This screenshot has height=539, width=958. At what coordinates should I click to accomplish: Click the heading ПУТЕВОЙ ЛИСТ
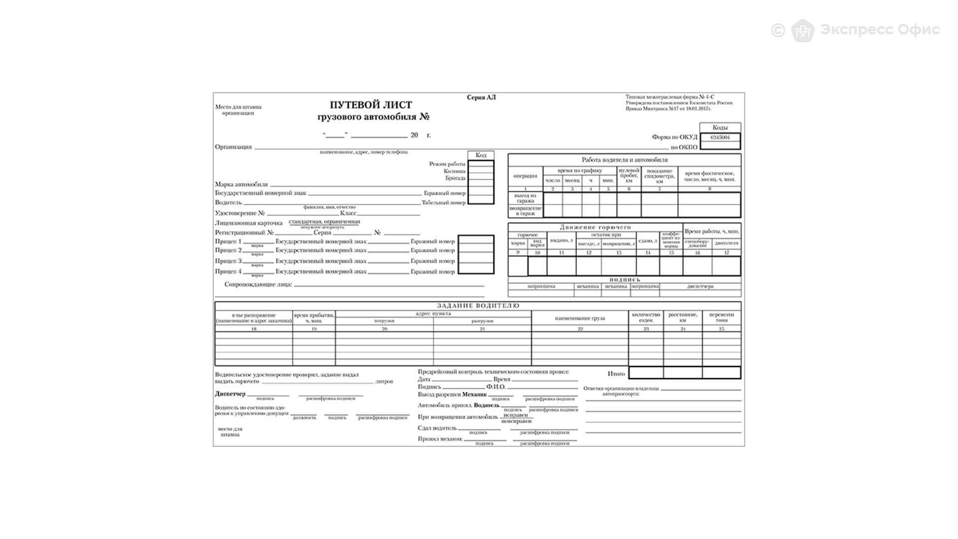pyautogui.click(x=371, y=105)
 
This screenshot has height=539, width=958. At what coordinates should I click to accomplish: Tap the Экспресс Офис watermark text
pyautogui.click(x=880, y=29)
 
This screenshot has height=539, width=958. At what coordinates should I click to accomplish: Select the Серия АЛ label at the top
pyautogui.click(x=481, y=97)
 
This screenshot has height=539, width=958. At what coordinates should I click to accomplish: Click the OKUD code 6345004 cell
pyautogui.click(x=720, y=137)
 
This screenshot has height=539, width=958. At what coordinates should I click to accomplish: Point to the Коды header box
pyautogui.click(x=720, y=128)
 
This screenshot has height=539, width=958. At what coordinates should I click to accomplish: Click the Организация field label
pyautogui.click(x=234, y=147)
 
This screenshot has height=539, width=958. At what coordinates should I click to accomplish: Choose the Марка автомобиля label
pyautogui.click(x=241, y=184)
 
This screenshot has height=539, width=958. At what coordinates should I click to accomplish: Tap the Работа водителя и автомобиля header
pyautogui.click(x=624, y=160)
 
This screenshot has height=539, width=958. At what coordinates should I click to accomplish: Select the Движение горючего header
pyautogui.click(x=595, y=227)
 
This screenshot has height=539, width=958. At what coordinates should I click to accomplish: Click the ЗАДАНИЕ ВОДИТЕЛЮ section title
pyautogui.click(x=478, y=305)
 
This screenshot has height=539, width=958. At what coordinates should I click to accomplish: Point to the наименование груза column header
pyautogui.click(x=580, y=318)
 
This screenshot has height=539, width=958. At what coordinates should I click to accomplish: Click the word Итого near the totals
pyautogui.click(x=616, y=373)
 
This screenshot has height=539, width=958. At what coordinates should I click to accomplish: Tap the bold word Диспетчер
pyautogui.click(x=230, y=394)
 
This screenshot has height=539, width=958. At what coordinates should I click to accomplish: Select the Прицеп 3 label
pyautogui.click(x=228, y=261)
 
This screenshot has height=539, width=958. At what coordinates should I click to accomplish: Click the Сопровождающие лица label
pyautogui.click(x=258, y=284)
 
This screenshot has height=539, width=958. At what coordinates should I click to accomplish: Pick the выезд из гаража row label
pyautogui.click(x=525, y=198)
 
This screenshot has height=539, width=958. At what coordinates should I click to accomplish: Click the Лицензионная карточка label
pyautogui.click(x=248, y=223)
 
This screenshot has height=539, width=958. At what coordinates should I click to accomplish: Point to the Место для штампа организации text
pyautogui.click(x=238, y=110)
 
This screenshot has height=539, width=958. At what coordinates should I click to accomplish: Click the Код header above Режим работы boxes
pyautogui.click(x=481, y=155)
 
